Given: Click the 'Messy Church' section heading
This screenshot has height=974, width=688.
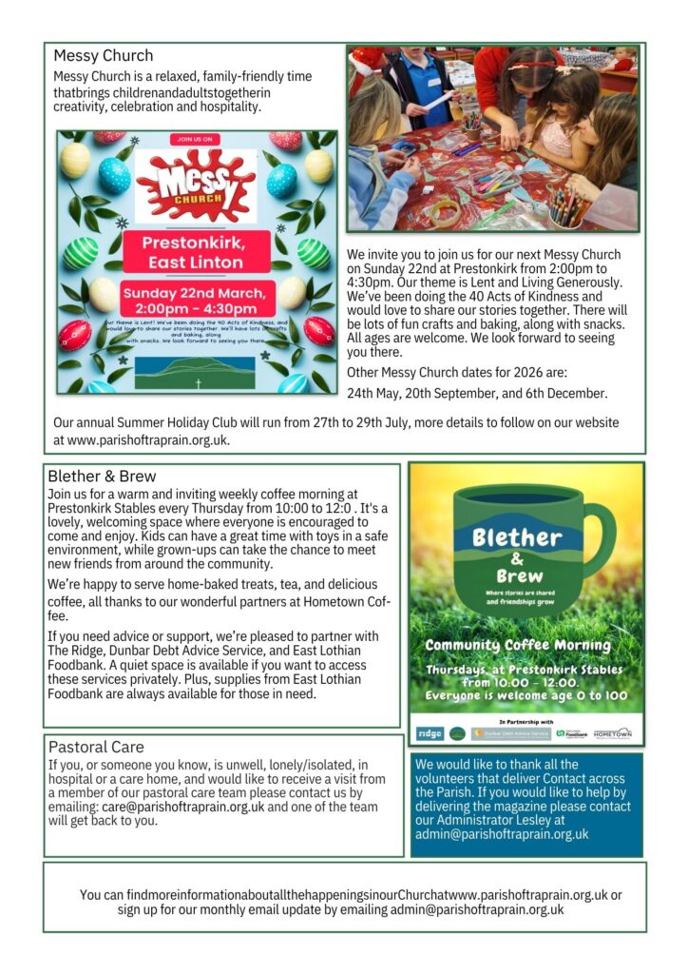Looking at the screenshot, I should [103, 56].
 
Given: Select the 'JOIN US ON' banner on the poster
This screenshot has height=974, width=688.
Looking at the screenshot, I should [195, 139].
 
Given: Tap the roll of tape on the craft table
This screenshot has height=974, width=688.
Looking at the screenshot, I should [445, 211].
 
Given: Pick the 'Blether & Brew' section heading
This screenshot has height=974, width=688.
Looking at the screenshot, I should [102, 476].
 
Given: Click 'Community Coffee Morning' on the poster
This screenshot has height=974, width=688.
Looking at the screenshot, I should [517, 645].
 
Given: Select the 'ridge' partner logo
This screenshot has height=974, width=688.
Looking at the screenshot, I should [430, 733].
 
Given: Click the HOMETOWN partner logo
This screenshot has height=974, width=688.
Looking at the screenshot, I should [612, 733].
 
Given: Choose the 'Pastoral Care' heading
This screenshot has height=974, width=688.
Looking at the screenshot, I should [96, 747].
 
